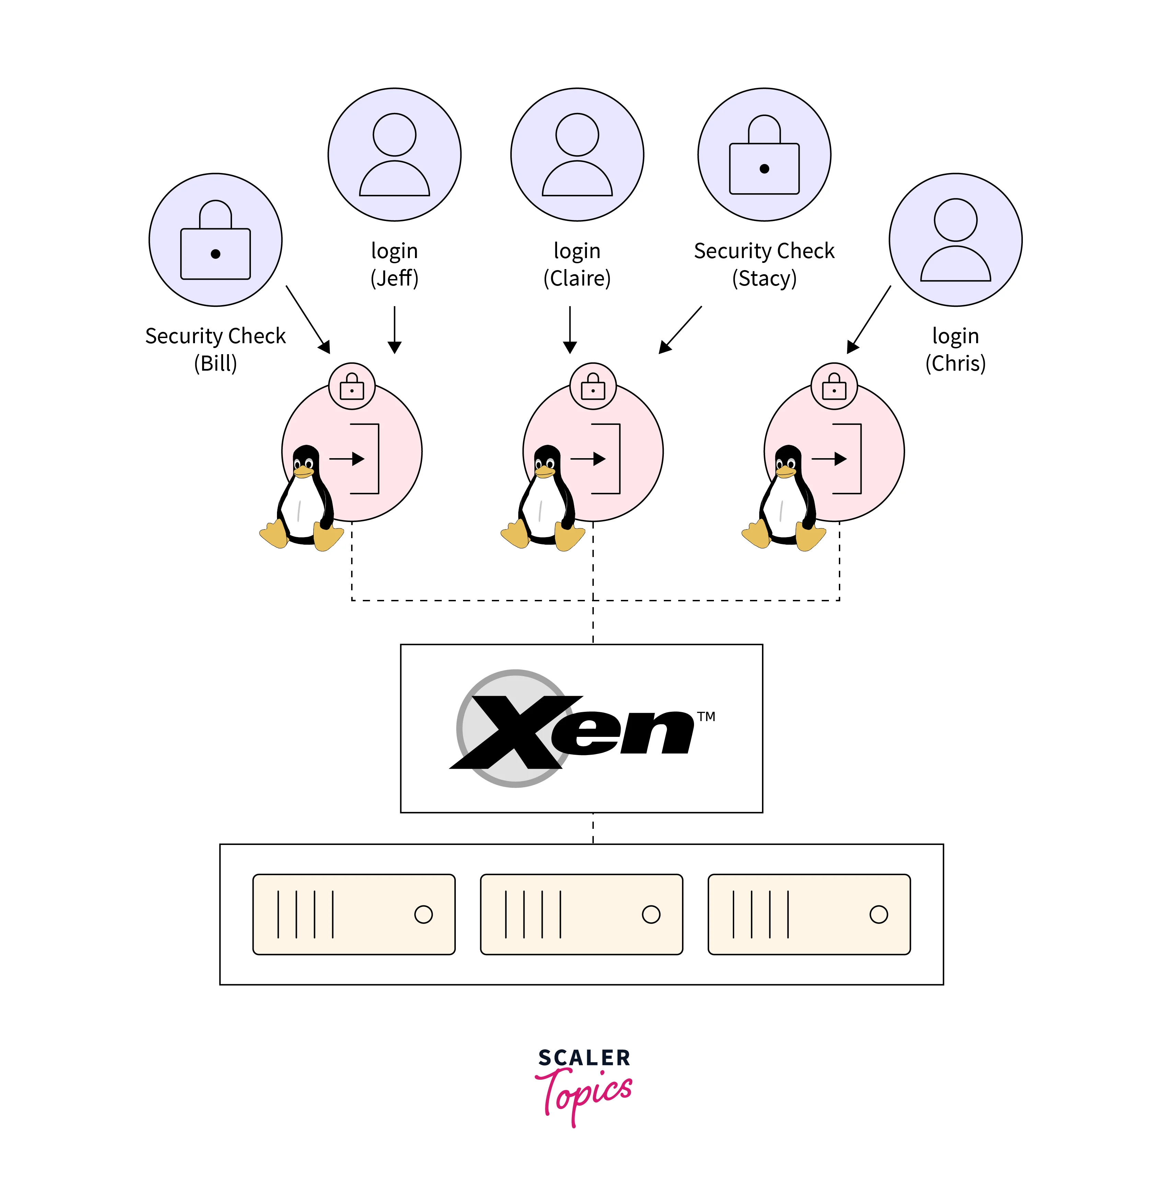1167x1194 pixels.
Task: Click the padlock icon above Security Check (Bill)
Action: point(215,240)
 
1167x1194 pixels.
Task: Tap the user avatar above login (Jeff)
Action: point(394,154)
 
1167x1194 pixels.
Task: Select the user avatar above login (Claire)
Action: point(577,154)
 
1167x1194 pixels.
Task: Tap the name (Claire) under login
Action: point(577,278)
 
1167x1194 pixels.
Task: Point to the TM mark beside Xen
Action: point(706,717)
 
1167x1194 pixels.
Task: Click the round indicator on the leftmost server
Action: point(424,915)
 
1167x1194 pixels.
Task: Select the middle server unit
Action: point(581,915)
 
